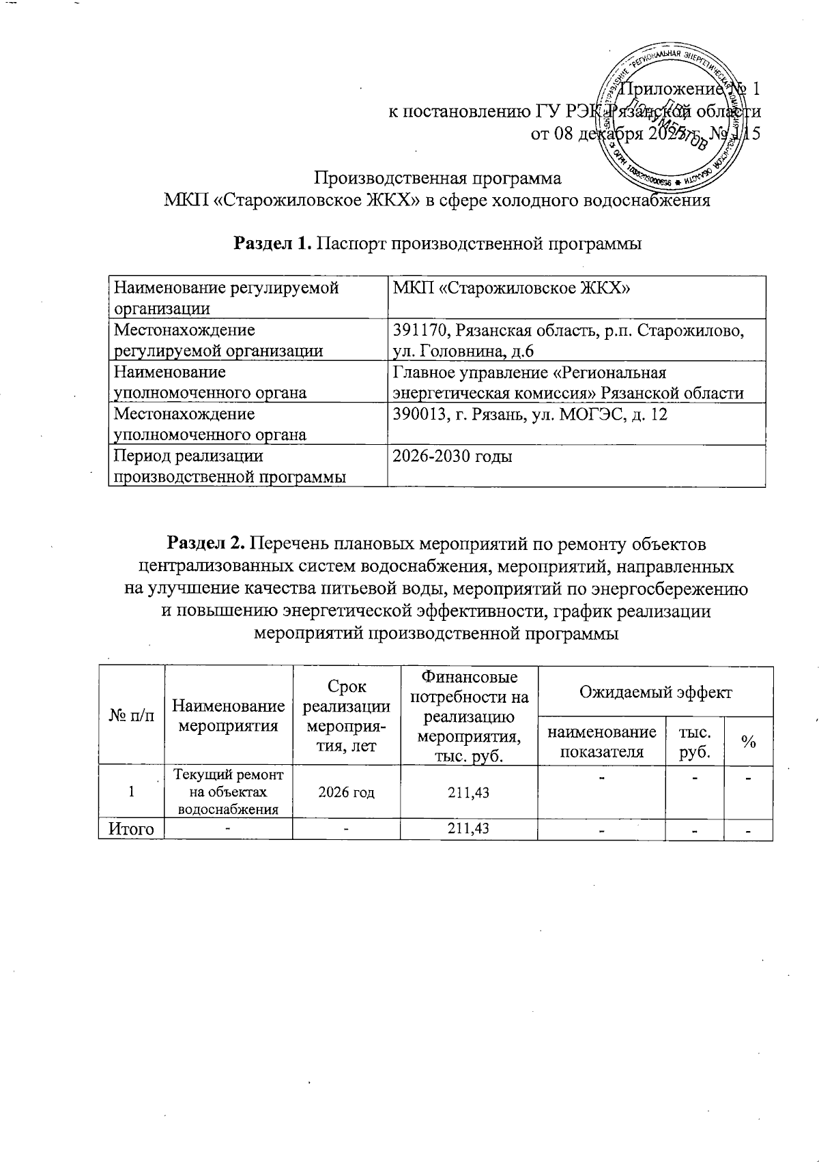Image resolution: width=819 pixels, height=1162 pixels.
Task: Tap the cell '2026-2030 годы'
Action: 452,456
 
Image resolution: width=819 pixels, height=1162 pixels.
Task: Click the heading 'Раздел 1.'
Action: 274,244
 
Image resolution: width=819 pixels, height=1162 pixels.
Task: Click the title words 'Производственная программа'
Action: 437,179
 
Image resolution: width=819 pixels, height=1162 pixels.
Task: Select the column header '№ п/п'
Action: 131,716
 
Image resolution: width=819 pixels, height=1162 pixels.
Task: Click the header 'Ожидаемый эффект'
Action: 655,692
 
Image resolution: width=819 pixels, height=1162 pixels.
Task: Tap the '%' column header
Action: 749,742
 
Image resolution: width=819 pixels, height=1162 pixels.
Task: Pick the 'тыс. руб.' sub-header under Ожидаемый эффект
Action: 693,742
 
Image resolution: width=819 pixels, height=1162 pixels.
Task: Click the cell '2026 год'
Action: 346,792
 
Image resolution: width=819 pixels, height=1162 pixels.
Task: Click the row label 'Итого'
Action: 131,829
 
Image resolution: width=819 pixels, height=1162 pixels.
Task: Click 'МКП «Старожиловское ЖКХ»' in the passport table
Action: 511,289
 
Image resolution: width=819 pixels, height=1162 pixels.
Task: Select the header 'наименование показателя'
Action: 601,742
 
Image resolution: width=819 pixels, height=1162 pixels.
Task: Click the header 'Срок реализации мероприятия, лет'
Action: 346,716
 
